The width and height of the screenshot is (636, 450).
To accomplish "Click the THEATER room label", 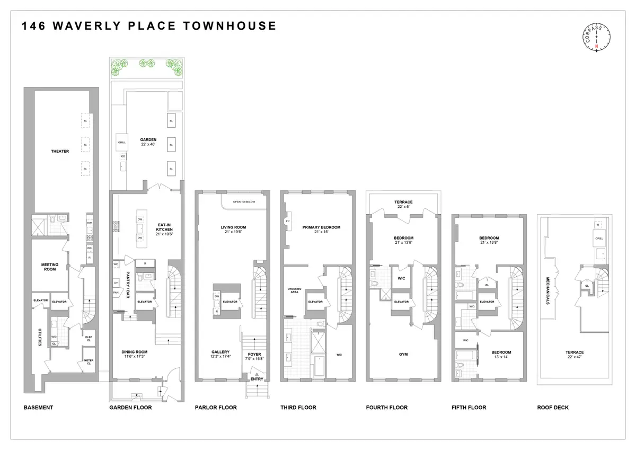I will tap(60, 151).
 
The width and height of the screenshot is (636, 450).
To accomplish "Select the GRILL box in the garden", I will tap(122, 143).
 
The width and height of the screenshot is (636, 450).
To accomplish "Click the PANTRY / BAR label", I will tap(128, 286).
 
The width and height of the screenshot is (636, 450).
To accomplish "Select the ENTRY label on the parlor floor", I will tap(257, 379).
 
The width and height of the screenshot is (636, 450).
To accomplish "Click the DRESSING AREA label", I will tap(294, 290).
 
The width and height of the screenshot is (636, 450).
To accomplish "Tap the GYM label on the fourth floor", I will tap(403, 355).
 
